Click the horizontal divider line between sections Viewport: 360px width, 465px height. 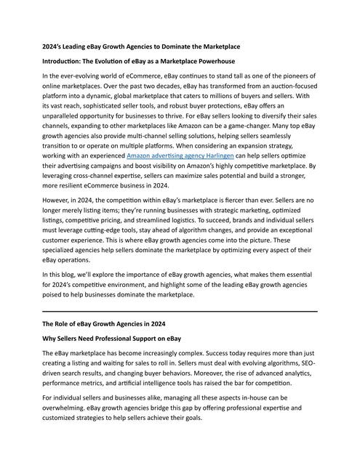coord(180,311)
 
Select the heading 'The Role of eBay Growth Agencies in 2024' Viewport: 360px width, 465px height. coord(110,324)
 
